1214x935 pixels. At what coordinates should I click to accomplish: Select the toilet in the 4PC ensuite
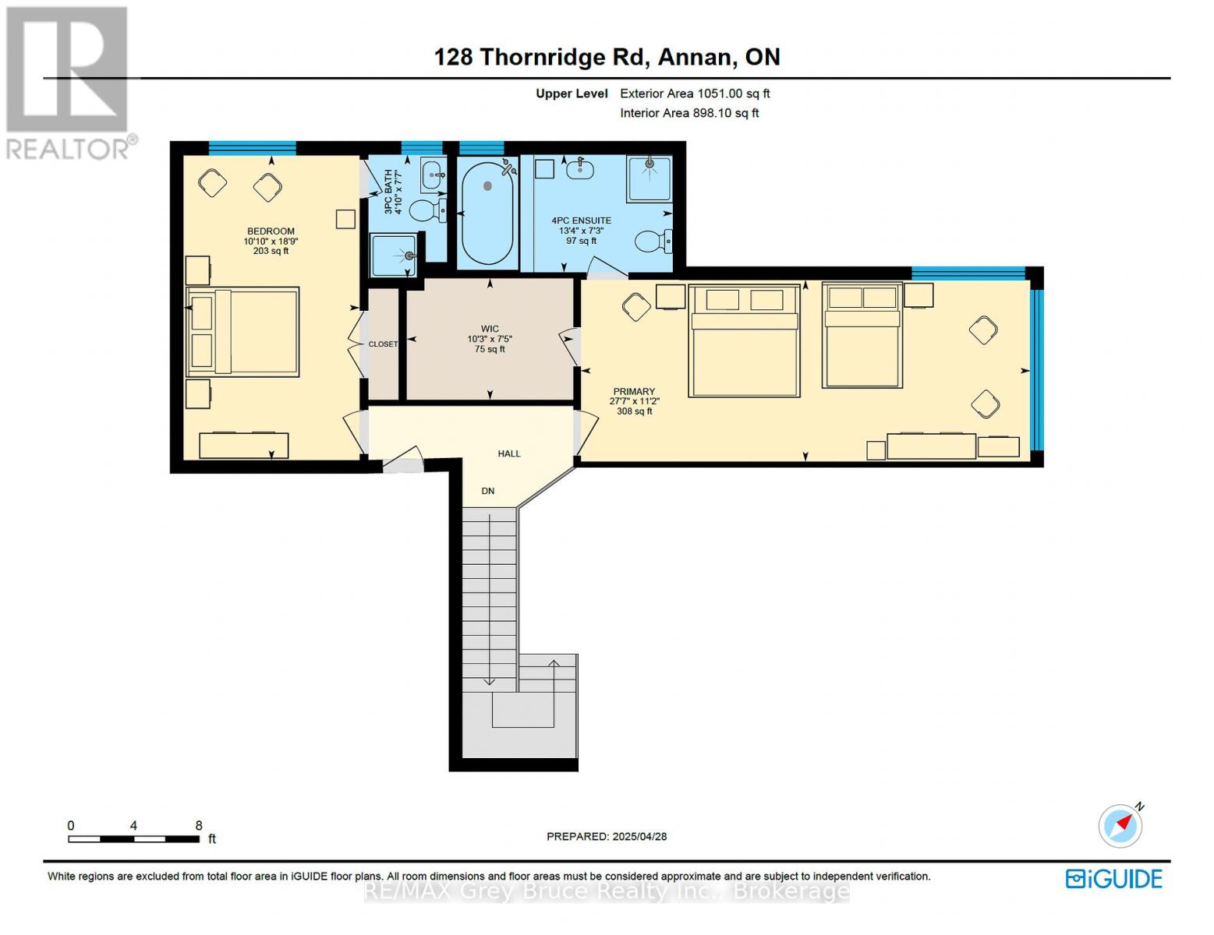pos(652,242)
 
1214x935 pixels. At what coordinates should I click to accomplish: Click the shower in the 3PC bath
pos(394,256)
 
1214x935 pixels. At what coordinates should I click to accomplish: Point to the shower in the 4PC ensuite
pos(649,178)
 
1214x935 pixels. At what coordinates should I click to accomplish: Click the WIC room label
pos(490,329)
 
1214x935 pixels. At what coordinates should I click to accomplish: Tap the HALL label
pos(509,453)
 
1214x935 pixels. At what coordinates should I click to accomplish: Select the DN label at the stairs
pos(488,491)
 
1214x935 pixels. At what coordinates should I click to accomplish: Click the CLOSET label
pos(383,344)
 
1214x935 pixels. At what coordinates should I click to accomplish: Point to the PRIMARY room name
pos(634,391)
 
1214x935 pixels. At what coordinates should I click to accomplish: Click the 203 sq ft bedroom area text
pos(271,251)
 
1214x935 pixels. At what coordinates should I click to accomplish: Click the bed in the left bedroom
pos(242,332)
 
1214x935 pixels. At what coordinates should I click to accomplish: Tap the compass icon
pos(1121,825)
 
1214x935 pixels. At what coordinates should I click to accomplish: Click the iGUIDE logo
pos(1114,879)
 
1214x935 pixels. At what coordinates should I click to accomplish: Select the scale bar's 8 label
pos(199,826)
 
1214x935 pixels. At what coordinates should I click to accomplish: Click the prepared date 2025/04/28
pos(639,837)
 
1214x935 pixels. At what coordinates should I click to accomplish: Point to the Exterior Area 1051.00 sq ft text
pos(695,93)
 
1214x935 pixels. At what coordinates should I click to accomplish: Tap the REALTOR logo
pos(69,82)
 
